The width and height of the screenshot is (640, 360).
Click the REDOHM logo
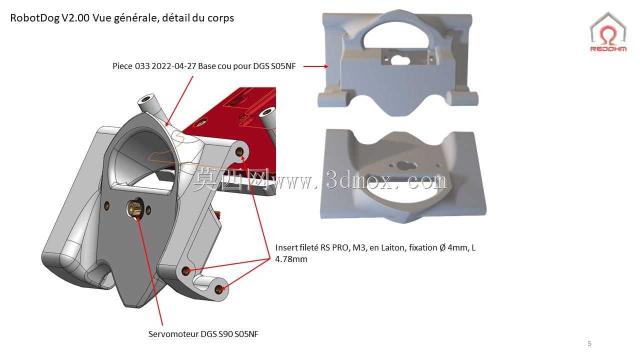tap(608, 32)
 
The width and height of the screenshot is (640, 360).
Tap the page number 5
tap(589, 343)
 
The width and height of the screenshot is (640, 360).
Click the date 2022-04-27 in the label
tap(173, 66)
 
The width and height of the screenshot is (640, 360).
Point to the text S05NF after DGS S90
tap(246, 334)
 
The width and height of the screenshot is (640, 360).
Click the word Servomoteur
tap(173, 334)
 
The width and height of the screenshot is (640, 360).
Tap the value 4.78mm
tap(291, 259)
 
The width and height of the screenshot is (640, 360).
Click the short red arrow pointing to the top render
tap(315, 66)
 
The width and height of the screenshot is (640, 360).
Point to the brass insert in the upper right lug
tap(239, 151)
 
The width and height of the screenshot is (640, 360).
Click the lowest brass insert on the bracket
tap(218, 289)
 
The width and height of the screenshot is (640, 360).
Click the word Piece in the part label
tap(122, 66)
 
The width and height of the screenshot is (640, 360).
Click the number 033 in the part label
tap(142, 66)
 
